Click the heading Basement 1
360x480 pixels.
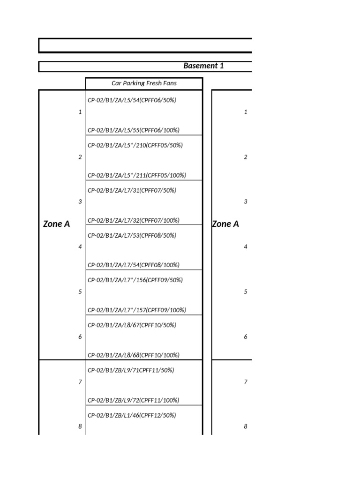203,66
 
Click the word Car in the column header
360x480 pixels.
116,83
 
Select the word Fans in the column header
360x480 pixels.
170,83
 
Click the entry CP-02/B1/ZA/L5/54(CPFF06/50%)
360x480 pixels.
132,100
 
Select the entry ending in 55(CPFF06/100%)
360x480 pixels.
134,130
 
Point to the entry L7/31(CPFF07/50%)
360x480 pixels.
132,190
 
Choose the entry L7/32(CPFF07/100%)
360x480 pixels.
134,220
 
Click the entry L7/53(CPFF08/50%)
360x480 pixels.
132,235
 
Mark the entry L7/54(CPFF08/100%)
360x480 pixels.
134,265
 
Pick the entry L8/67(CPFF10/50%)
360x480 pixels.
132,325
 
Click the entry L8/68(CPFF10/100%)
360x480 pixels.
134,355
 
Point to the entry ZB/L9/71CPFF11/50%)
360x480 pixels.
131,370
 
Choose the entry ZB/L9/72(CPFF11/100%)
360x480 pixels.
134,400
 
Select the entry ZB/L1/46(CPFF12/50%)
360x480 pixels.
132,415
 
